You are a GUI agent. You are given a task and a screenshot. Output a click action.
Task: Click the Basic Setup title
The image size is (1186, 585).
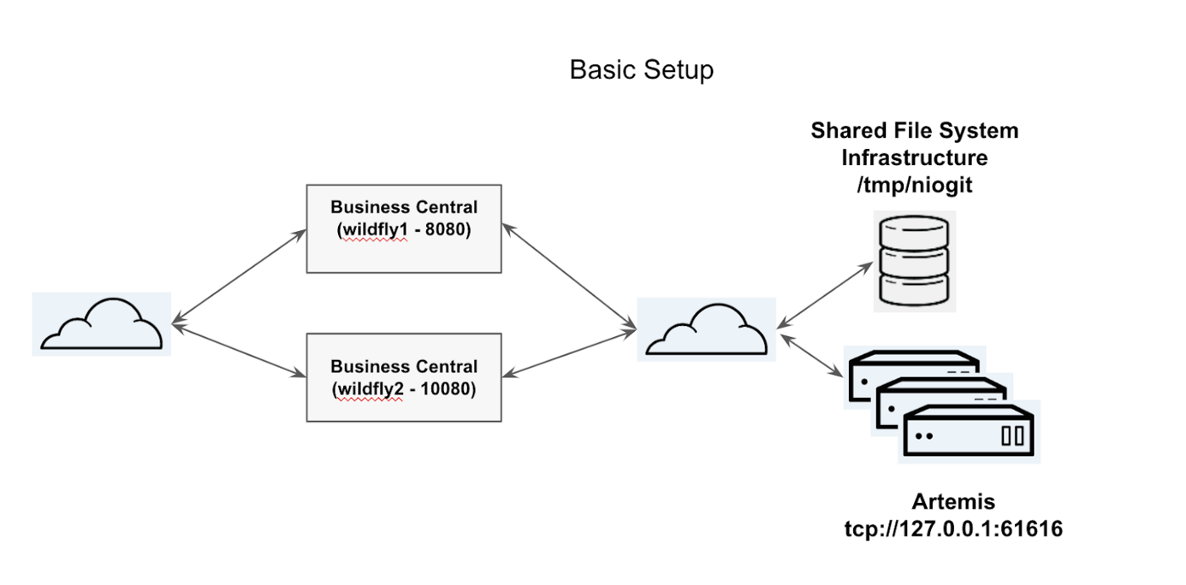[x=641, y=69]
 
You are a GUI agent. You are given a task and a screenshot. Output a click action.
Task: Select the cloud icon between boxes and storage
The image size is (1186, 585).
[x=706, y=329]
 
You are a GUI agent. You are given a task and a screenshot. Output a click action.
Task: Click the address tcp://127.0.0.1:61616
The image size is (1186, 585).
[x=953, y=529]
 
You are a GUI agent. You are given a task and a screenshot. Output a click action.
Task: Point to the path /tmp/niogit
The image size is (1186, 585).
[x=915, y=184]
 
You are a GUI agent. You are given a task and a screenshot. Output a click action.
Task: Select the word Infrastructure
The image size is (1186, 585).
[x=914, y=157]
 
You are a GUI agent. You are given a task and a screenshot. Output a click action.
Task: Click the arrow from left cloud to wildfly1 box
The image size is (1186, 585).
[x=239, y=276]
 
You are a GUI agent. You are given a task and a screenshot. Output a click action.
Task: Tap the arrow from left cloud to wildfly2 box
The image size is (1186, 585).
[x=239, y=349]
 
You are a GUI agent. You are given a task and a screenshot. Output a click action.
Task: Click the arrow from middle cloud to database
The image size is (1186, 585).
[x=824, y=293]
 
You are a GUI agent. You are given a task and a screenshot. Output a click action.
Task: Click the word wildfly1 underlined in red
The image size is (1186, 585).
[x=372, y=229]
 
